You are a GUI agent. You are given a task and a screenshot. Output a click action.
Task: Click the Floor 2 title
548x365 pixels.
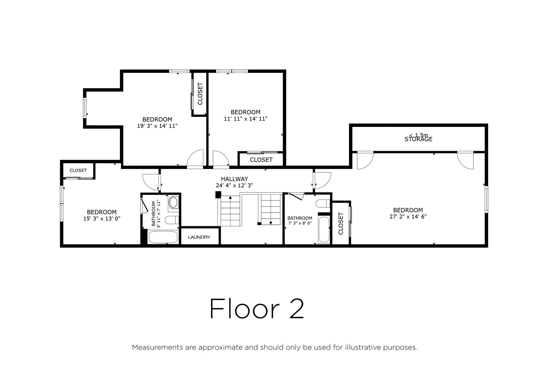[x=257, y=309]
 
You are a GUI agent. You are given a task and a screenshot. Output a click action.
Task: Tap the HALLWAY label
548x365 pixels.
[x=234, y=179]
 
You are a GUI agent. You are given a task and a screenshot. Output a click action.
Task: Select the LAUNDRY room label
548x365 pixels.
[x=199, y=237]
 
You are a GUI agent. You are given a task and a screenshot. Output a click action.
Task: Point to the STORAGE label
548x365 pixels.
[x=418, y=139]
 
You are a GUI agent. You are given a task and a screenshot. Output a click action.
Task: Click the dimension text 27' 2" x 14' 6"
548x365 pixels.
[x=408, y=217]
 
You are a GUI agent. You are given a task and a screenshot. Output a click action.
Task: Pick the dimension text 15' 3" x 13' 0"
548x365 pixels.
[x=102, y=218]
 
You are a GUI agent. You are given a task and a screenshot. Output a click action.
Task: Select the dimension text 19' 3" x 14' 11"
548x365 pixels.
[x=157, y=126]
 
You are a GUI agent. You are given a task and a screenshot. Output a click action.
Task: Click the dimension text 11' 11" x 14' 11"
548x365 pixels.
[x=246, y=119]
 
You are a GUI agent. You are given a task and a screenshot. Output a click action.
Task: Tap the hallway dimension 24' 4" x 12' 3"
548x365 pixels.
[x=234, y=185]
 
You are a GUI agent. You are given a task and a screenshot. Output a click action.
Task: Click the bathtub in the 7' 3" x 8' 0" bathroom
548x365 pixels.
[x=324, y=230]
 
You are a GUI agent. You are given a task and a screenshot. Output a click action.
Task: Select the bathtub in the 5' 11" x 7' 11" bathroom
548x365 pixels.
[x=163, y=237]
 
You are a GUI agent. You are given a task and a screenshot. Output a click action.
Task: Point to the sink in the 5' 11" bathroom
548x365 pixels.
[x=173, y=203]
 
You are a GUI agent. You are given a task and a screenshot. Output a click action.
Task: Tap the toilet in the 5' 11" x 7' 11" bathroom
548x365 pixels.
[x=172, y=220]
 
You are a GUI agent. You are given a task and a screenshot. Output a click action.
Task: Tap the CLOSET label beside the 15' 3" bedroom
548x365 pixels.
[x=78, y=171]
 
